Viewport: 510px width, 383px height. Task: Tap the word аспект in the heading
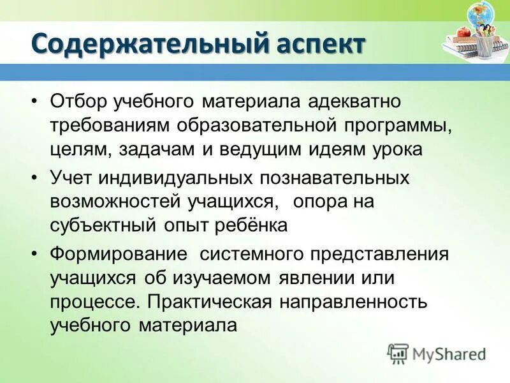(321, 45)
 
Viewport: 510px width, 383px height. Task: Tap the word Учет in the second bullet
(69, 178)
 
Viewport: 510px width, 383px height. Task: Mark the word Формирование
(118, 253)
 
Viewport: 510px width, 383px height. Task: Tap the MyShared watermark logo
(436, 354)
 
